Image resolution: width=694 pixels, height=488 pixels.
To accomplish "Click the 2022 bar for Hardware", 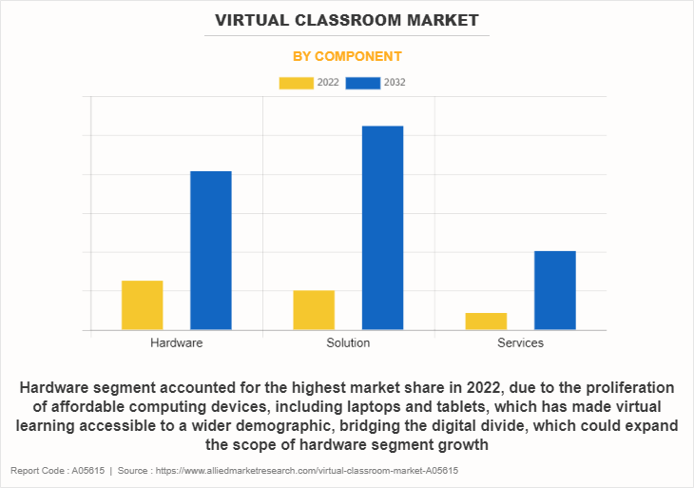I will pyautogui.click(x=143, y=305).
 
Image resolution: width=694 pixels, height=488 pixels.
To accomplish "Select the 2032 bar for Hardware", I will pyautogui.click(x=211, y=250).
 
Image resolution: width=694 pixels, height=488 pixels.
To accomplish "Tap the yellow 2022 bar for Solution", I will pyautogui.click(x=314, y=310).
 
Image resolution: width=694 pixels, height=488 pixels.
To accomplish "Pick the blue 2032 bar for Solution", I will pyautogui.click(x=382, y=228).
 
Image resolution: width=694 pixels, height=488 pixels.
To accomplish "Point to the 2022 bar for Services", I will pyautogui.click(x=486, y=322).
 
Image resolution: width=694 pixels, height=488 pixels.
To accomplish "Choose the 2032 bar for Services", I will pyautogui.click(x=554, y=290).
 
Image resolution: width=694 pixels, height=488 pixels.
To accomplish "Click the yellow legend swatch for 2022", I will pyautogui.click(x=297, y=83).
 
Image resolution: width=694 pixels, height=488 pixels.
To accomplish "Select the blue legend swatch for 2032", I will pyautogui.click(x=363, y=83).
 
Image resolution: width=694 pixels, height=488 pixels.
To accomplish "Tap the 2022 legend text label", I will pyautogui.click(x=328, y=83).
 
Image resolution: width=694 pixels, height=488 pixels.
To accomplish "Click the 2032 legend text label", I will pyautogui.click(x=395, y=83).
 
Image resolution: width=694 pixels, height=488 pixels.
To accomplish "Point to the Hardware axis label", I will pyautogui.click(x=177, y=342).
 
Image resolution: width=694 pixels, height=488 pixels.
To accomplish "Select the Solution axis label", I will pyautogui.click(x=348, y=342).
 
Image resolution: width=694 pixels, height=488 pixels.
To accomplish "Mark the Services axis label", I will pyautogui.click(x=520, y=342).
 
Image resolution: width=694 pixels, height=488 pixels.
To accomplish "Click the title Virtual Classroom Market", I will pyautogui.click(x=347, y=20).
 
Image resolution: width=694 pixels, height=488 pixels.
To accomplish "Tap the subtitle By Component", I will pyautogui.click(x=347, y=56).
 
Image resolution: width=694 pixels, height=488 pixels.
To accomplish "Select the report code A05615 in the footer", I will pyautogui.click(x=87, y=471).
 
